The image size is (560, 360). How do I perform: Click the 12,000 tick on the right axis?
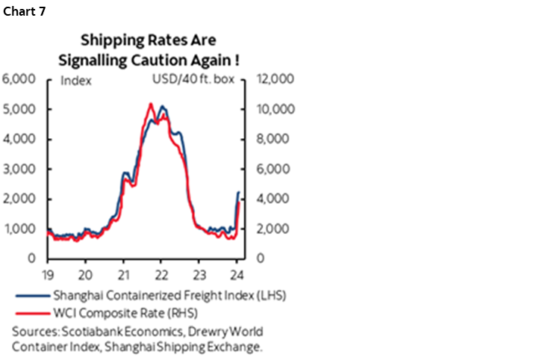click(x=276, y=79)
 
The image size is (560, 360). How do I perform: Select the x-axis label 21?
click(x=124, y=272)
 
